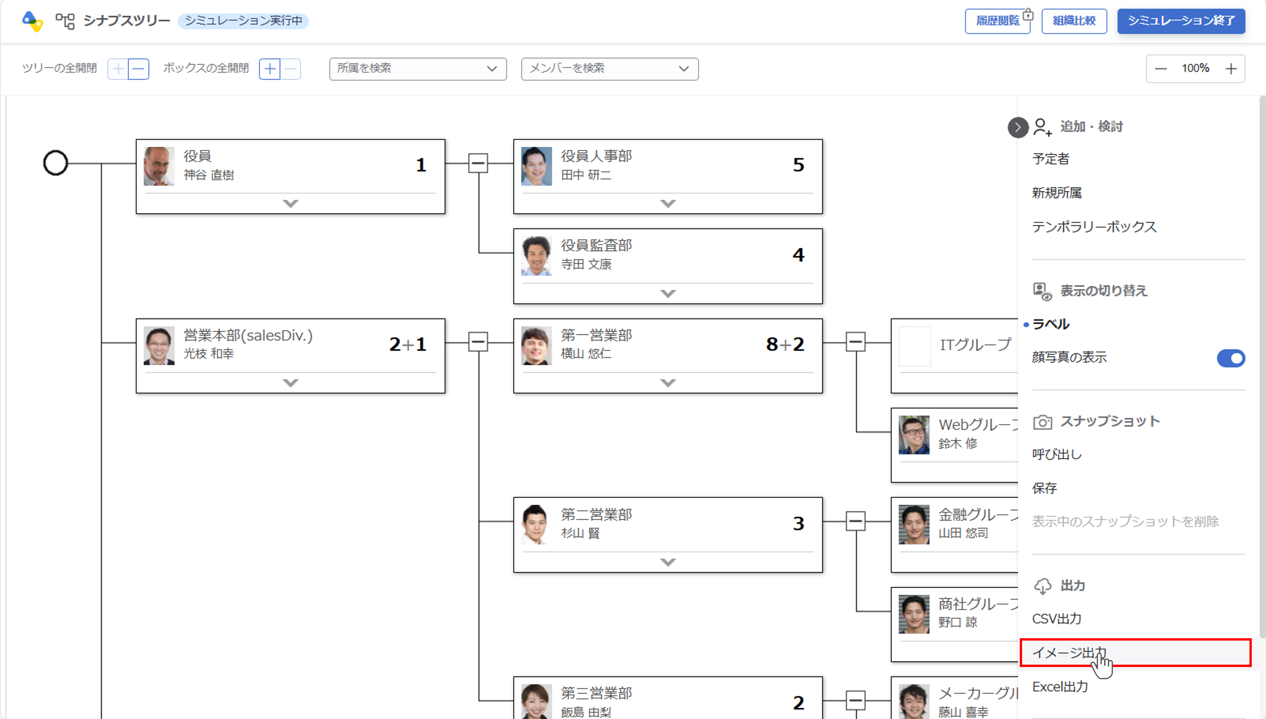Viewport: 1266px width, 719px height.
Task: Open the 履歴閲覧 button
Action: tap(997, 21)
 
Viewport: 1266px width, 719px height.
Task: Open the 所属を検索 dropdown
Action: tap(418, 69)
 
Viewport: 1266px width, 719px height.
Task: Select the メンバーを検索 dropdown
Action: tap(609, 69)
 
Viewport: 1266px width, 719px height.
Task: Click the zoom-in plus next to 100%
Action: tap(1231, 69)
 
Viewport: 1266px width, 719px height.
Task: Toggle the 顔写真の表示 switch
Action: tap(1231, 358)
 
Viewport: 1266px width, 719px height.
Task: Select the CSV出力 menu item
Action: tap(1057, 619)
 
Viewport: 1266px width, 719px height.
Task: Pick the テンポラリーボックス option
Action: tap(1094, 227)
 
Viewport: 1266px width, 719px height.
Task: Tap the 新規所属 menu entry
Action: tap(1057, 193)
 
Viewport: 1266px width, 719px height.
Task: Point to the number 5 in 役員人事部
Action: tap(798, 165)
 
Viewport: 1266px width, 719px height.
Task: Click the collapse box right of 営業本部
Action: tap(478, 342)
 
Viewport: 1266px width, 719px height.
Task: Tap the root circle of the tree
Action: tap(55, 163)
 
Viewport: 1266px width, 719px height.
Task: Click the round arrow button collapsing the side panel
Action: tap(1017, 128)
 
